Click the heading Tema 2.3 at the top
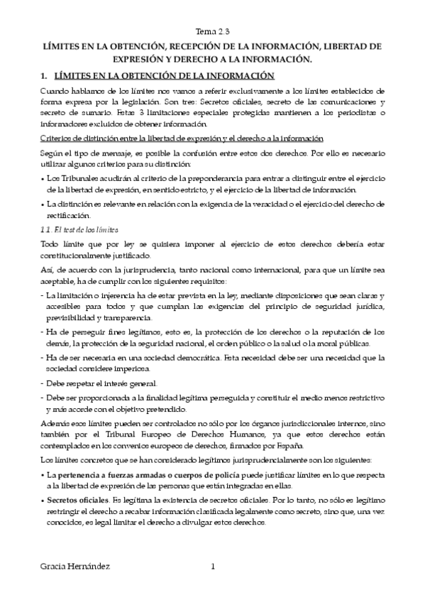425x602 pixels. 212,32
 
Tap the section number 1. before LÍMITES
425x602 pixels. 43,76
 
